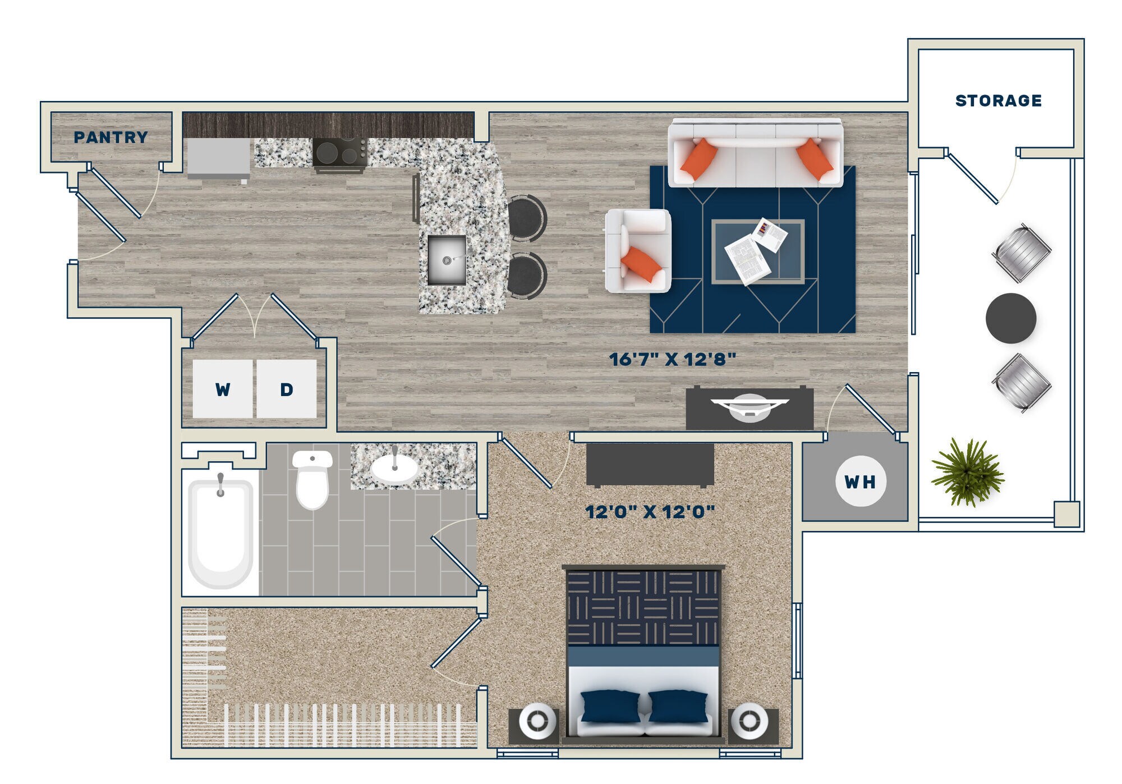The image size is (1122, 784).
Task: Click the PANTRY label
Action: coord(111,137)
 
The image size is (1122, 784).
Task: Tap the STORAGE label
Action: coord(998,101)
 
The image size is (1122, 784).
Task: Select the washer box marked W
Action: coord(223,389)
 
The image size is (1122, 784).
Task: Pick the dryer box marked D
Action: coord(286,389)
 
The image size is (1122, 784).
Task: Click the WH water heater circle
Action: coord(860,482)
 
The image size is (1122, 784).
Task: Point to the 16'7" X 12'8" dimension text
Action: coord(672,359)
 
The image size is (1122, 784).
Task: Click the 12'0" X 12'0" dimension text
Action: coord(650,512)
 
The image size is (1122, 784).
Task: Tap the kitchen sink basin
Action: coord(447,259)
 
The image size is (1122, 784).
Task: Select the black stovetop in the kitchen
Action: coord(340,152)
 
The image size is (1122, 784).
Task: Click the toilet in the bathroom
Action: coord(312,479)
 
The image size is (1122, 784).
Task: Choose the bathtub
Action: coord(220,533)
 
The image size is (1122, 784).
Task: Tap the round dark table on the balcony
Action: coord(1010,318)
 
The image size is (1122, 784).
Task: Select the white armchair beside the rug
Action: coord(638,251)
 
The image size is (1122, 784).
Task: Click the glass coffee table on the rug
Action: coord(757,251)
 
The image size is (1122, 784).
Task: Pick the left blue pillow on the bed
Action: coord(610,706)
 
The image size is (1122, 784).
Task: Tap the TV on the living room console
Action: coord(749,406)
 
